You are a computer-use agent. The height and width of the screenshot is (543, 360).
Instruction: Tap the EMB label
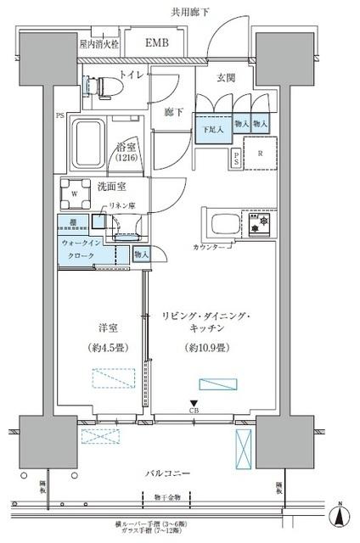tap(155, 42)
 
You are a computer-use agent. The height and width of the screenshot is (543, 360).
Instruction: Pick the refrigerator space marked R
tap(260, 154)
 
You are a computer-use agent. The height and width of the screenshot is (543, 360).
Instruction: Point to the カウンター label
tap(211, 247)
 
